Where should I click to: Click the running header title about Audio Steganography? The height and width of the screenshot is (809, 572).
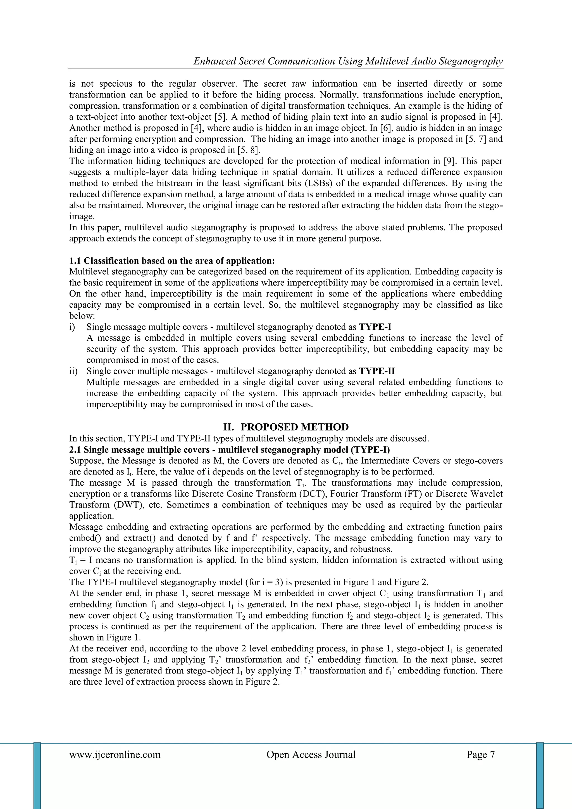click(x=348, y=61)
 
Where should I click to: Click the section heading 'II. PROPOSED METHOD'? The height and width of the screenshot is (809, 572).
click(x=286, y=427)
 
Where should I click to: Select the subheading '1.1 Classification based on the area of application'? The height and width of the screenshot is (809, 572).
click(x=172, y=261)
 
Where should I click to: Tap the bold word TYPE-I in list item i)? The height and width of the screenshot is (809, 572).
click(x=375, y=327)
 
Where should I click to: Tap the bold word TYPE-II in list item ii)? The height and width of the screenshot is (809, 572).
click(x=376, y=371)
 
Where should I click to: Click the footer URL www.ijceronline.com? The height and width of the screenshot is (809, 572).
click(x=115, y=755)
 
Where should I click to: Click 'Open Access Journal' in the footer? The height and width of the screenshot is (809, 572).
click(x=311, y=755)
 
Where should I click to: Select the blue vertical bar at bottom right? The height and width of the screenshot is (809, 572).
click(x=540, y=775)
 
